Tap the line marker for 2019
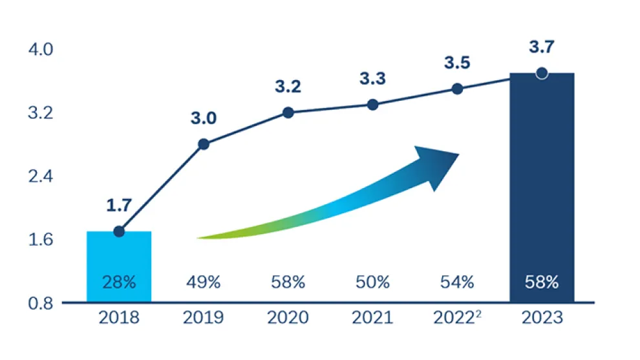(204, 144)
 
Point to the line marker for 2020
(288, 112)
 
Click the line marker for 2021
(372, 105)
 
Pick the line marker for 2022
(457, 89)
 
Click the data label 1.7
(119, 206)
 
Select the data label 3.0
(203, 118)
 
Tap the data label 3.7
(542, 47)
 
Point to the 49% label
(204, 282)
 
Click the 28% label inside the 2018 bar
(119, 282)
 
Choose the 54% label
(457, 282)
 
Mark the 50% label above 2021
(372, 282)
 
